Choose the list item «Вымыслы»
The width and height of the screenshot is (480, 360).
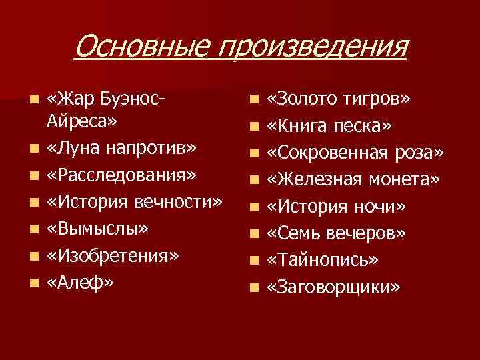click(x=97, y=227)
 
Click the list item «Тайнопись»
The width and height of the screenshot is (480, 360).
click(x=323, y=259)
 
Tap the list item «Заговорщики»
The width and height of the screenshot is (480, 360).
click(x=334, y=287)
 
